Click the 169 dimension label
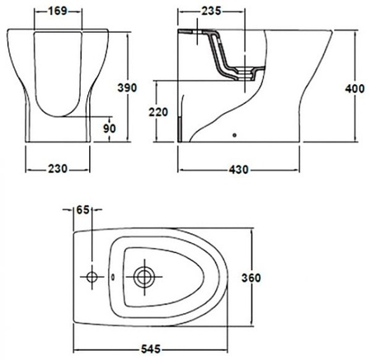click(58, 11)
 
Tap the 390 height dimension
click(127, 87)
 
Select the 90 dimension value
click(110, 129)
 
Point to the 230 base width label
click(58, 168)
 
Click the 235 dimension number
click(211, 11)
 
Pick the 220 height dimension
click(158, 112)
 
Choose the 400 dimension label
click(355, 88)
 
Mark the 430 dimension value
click(238, 170)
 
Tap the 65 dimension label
click(82, 210)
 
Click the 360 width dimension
click(251, 278)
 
